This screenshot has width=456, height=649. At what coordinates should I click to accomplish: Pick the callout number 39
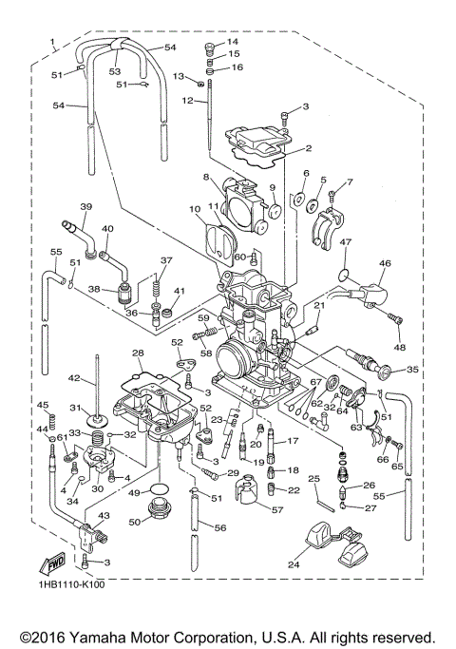(85, 206)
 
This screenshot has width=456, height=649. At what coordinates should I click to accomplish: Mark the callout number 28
(138, 353)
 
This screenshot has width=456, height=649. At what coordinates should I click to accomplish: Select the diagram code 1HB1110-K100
(72, 585)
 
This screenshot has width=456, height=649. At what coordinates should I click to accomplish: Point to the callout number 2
(308, 148)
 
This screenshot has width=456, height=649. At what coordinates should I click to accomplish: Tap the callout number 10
(195, 208)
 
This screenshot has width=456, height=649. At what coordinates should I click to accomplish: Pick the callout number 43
(104, 515)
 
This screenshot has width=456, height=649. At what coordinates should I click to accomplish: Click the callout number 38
(94, 291)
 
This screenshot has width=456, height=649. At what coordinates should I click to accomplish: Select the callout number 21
(320, 306)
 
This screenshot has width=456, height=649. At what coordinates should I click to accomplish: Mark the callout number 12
(188, 100)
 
